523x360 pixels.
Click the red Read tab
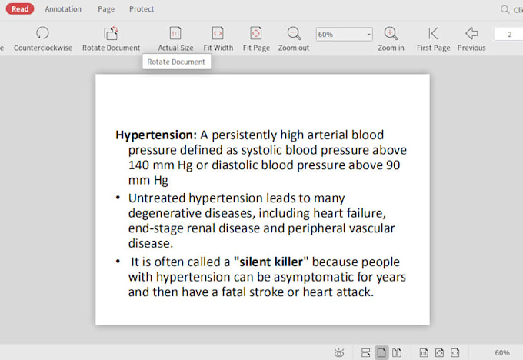click(x=20, y=9)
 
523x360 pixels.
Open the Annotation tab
click(x=63, y=9)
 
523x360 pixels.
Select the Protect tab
click(x=142, y=9)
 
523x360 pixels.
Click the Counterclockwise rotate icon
click(x=42, y=33)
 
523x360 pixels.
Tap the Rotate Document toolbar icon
click(x=111, y=33)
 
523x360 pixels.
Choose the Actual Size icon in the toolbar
click(x=175, y=33)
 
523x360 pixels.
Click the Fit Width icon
click(x=218, y=33)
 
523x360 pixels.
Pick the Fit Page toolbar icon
click(x=256, y=33)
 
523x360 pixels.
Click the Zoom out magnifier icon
click(x=294, y=33)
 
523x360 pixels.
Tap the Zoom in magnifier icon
click(x=391, y=33)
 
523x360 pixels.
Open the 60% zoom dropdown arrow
click(x=369, y=35)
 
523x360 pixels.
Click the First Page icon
click(x=433, y=33)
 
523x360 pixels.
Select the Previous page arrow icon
click(x=471, y=33)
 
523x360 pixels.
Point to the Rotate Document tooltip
click(x=176, y=62)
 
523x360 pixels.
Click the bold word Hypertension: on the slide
click(x=156, y=135)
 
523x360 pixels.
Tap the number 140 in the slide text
click(x=138, y=165)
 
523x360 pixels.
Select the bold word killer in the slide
click(x=288, y=262)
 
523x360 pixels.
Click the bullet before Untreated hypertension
click(x=118, y=198)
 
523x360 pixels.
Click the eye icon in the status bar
click(x=339, y=352)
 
